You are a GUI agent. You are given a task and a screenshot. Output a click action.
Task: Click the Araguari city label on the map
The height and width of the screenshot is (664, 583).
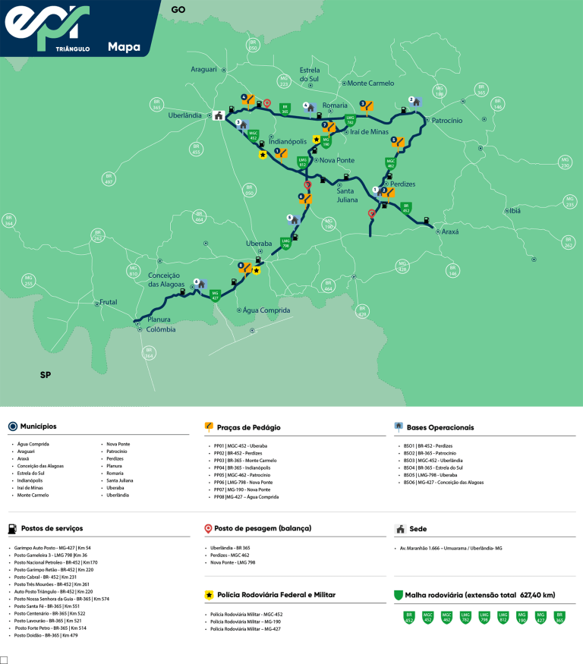click(x=203, y=69)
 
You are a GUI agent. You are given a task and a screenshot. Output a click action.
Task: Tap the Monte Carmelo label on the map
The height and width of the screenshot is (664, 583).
click(x=370, y=83)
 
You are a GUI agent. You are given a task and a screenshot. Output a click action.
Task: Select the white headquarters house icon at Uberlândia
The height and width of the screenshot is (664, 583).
click(x=219, y=116)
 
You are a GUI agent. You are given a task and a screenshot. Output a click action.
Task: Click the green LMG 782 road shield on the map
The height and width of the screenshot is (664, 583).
click(x=351, y=120)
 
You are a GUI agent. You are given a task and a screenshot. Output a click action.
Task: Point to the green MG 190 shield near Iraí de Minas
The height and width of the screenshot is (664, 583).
click(x=326, y=140)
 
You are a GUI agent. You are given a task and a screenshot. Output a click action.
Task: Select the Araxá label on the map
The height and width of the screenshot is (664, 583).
click(x=451, y=231)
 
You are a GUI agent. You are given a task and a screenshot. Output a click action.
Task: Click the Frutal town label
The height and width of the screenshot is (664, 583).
click(x=109, y=302)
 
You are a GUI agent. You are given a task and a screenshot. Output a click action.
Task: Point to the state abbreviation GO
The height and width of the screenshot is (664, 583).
click(x=178, y=10)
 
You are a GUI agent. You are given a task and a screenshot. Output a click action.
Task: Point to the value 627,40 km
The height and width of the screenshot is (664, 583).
click(x=537, y=595)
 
